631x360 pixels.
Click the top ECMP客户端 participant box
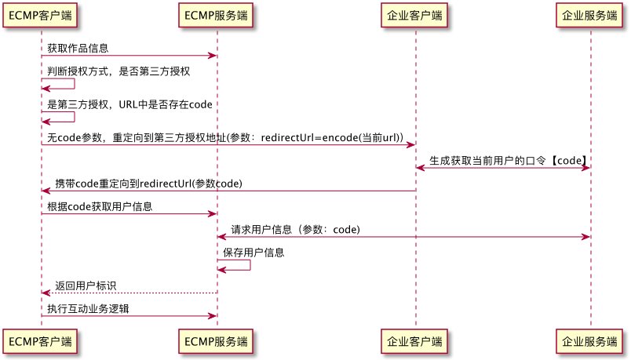pos(41,15)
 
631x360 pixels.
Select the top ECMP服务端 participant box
pos(217,15)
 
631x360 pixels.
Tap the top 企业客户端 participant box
pos(415,15)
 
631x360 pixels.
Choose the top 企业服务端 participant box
pos(590,15)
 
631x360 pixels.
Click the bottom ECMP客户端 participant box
pos(41,342)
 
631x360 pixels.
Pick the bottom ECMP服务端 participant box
pos(217,342)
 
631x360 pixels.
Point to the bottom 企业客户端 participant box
pos(415,342)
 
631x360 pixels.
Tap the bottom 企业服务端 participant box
pos(590,342)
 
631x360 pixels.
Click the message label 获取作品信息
pos(78,48)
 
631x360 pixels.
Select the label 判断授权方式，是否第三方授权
pos(119,71)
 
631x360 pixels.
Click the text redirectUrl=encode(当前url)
pos(331,138)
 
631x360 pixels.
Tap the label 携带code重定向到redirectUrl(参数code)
pos(148,184)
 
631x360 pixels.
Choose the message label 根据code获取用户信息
pos(100,206)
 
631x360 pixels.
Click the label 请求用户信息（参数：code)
pos(295,230)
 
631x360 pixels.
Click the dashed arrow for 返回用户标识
pos(129,293)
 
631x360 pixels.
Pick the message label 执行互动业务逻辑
pos(88,308)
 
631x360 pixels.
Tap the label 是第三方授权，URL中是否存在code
pos(129,105)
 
